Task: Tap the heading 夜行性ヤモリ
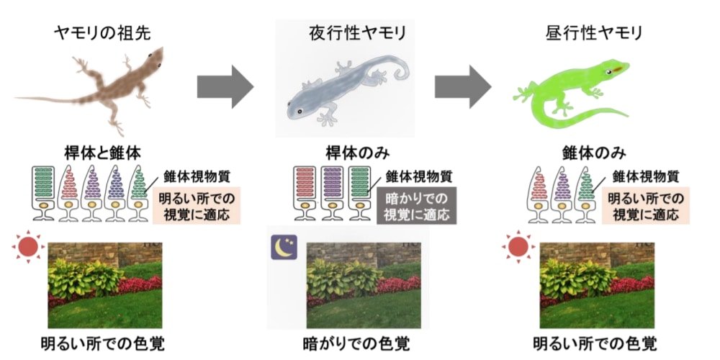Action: pos(348,33)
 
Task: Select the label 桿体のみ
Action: pos(348,153)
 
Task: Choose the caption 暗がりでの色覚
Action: pos(348,341)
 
